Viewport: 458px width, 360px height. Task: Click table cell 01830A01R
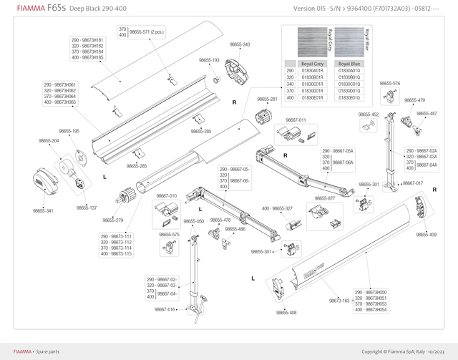(x=313, y=71)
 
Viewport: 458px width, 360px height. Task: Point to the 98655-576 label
(x=390, y=84)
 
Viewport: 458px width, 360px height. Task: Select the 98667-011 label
(x=296, y=120)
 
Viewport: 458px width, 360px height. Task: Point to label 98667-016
(x=165, y=309)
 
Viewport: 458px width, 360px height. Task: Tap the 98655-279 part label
(x=113, y=220)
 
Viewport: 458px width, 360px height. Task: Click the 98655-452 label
(x=369, y=114)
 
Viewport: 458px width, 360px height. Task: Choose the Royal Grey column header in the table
(x=313, y=64)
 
